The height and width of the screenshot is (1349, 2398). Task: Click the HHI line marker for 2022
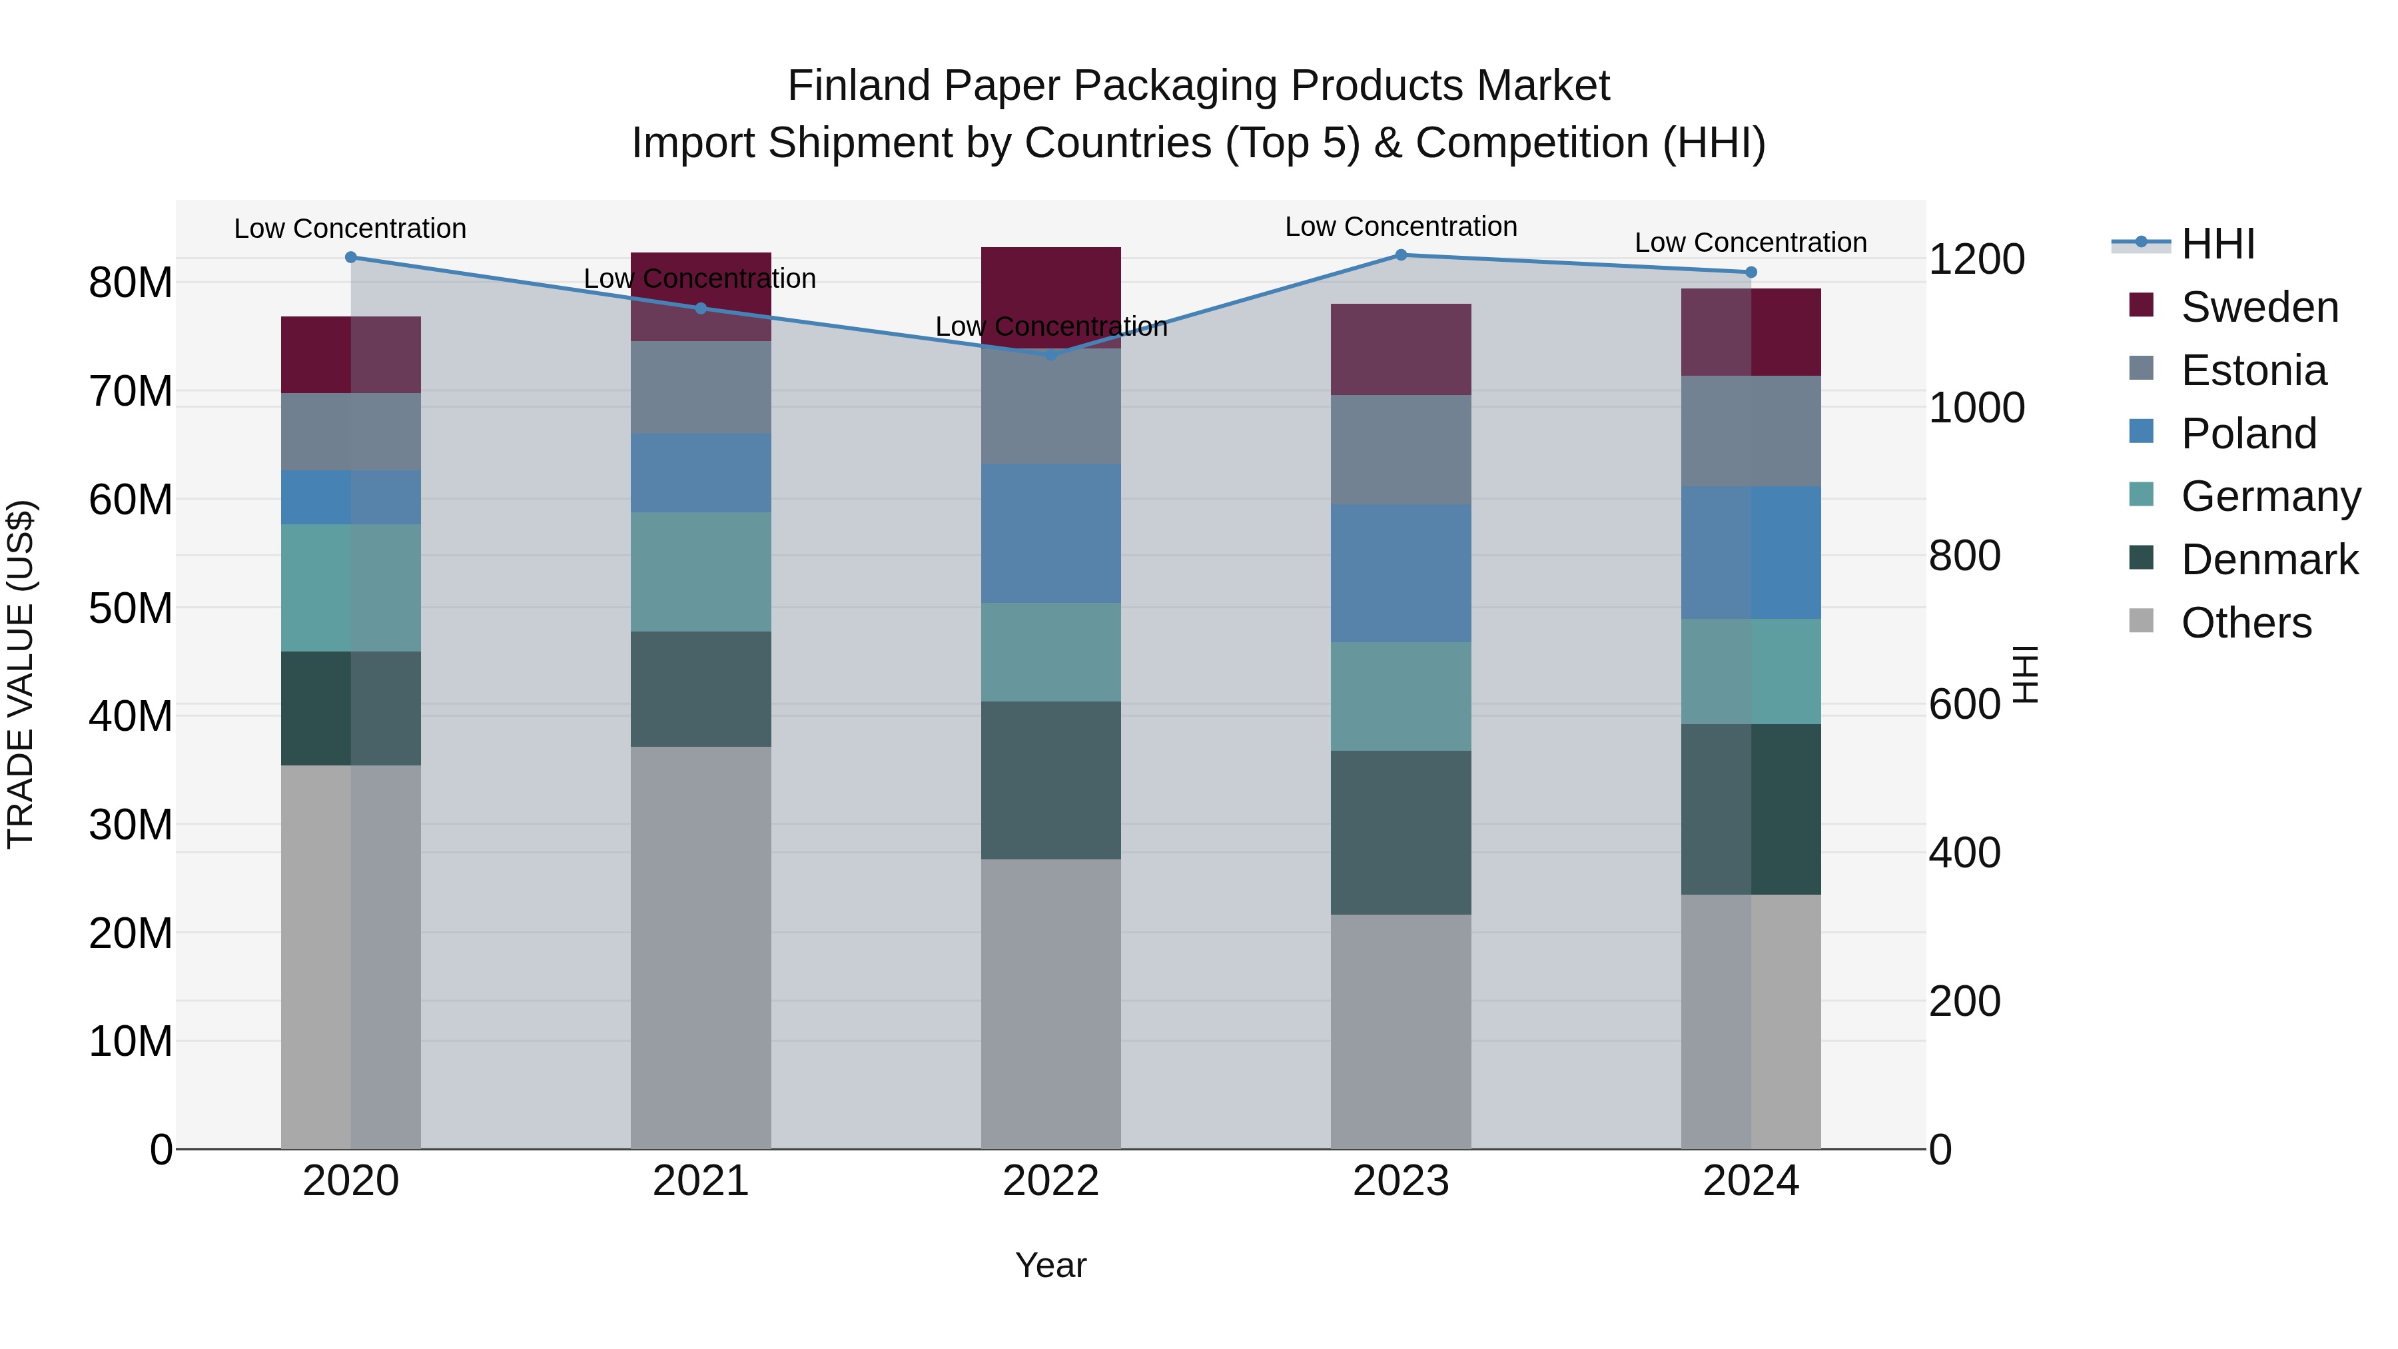(1051, 354)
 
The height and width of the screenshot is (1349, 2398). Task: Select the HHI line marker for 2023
(1401, 255)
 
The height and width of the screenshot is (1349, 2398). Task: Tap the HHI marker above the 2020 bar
(351, 258)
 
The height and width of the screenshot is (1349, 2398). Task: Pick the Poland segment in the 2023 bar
(1401, 574)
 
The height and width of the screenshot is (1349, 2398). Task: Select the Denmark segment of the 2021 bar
(701, 689)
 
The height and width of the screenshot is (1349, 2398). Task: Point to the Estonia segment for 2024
(1751, 431)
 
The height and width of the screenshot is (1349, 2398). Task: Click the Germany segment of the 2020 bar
(351, 588)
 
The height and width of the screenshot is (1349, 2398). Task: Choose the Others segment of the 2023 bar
(1401, 1031)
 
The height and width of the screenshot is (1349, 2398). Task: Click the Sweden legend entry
(2259, 307)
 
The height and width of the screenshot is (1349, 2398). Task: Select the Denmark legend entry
(2269, 560)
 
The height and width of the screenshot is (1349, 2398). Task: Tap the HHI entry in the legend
(2217, 244)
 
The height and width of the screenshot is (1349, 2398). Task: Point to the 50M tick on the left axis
(131, 609)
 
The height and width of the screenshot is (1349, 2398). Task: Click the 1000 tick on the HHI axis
(1976, 408)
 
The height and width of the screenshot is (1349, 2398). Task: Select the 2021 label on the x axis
(701, 1181)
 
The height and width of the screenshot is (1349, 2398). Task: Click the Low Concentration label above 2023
(1401, 226)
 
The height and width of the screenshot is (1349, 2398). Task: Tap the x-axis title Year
(1051, 1265)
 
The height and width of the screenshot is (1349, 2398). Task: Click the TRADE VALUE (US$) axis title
(21, 674)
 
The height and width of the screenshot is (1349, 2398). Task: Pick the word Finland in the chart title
(859, 86)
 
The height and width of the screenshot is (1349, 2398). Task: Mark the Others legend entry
(2245, 623)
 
